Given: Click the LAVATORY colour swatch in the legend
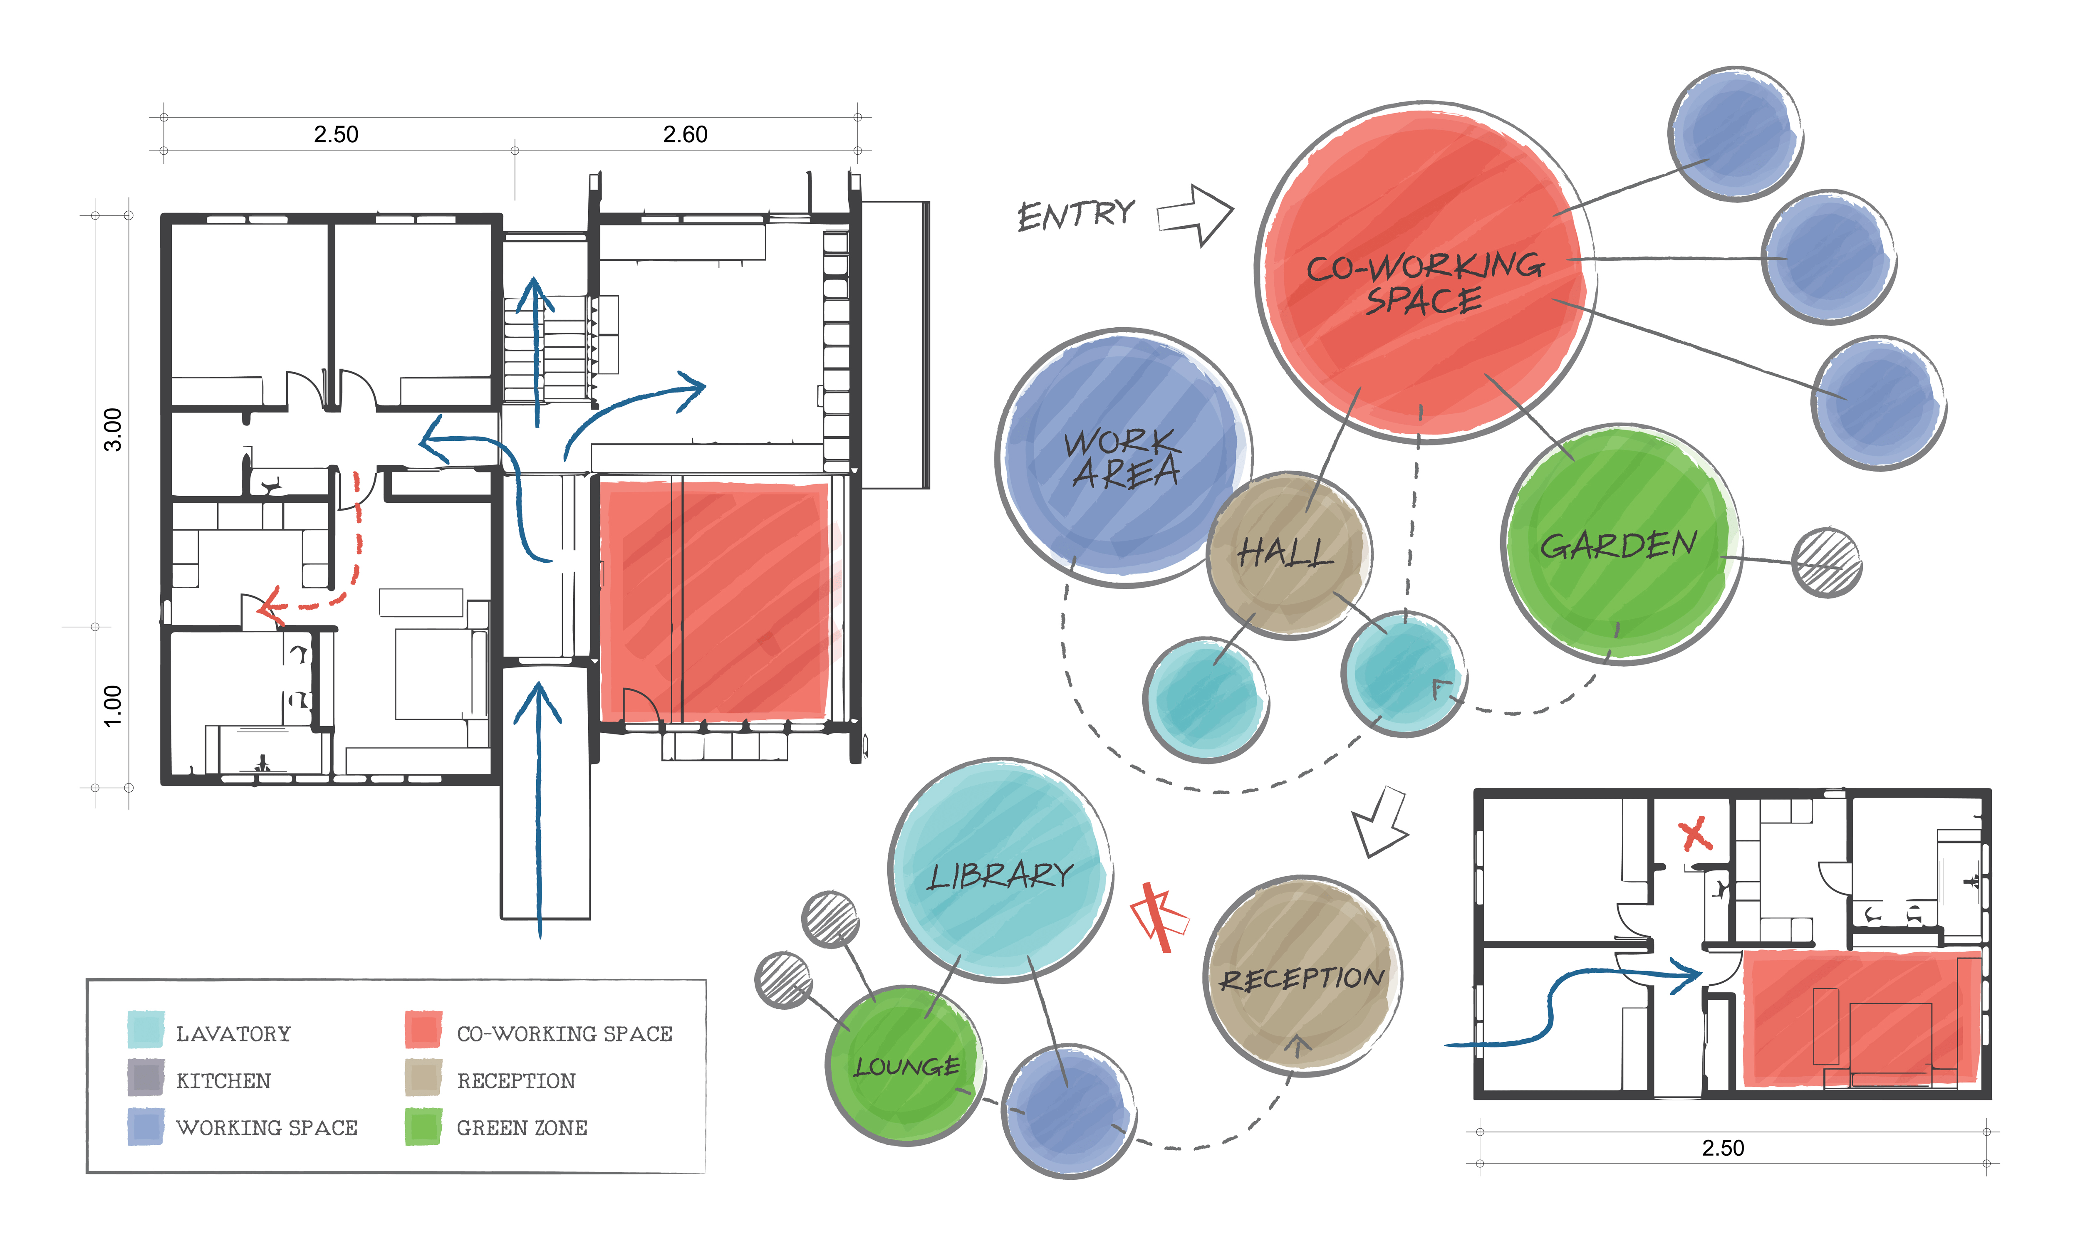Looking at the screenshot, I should pos(146,1030).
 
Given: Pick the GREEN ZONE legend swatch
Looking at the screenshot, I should pos(423,1126).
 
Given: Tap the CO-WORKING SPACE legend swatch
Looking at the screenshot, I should pos(423,1030).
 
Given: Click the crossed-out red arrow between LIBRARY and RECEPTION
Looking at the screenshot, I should pos(1159,917).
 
